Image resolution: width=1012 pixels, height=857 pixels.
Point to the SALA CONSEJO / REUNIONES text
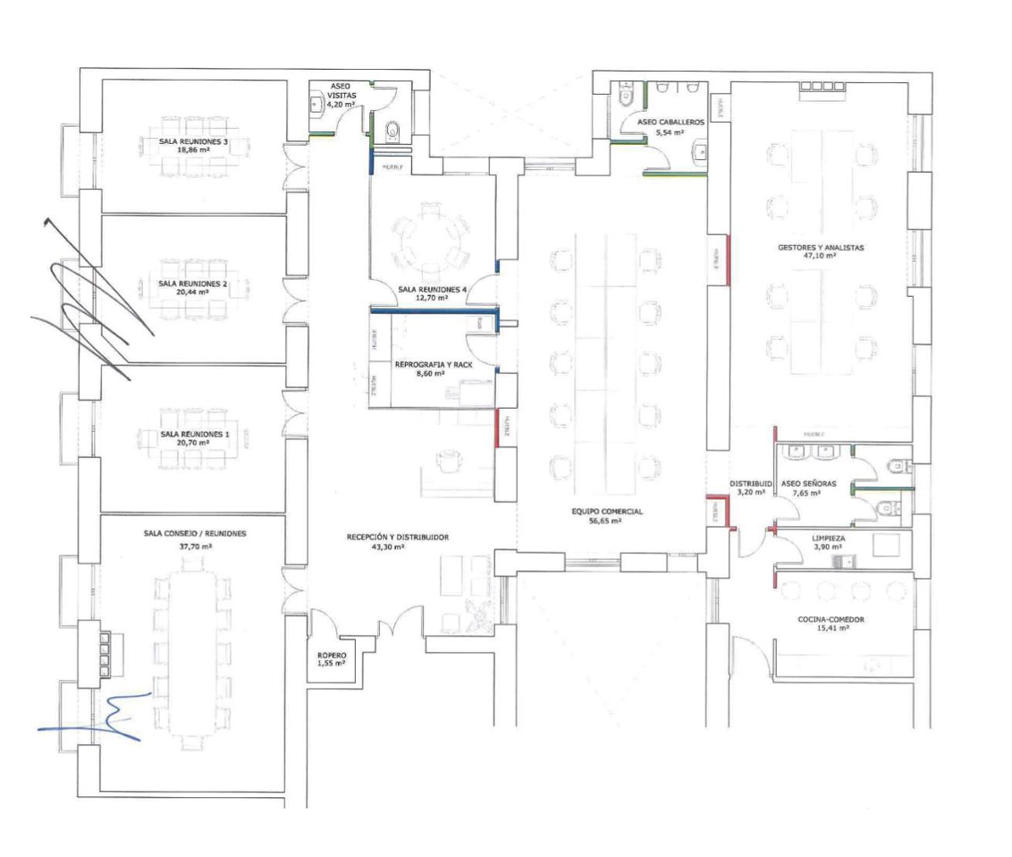coord(195,533)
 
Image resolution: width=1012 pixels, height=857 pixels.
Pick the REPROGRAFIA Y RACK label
coord(434,365)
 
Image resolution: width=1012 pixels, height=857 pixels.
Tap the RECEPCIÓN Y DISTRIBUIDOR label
coord(398,538)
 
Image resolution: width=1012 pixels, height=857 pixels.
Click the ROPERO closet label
coord(331,657)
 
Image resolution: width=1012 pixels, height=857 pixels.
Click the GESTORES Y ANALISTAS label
coord(820,247)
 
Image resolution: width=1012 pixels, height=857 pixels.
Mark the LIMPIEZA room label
coord(828,539)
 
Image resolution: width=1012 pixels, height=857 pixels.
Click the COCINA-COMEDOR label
coord(831,619)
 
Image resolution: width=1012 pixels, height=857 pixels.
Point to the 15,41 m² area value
coord(831,629)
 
